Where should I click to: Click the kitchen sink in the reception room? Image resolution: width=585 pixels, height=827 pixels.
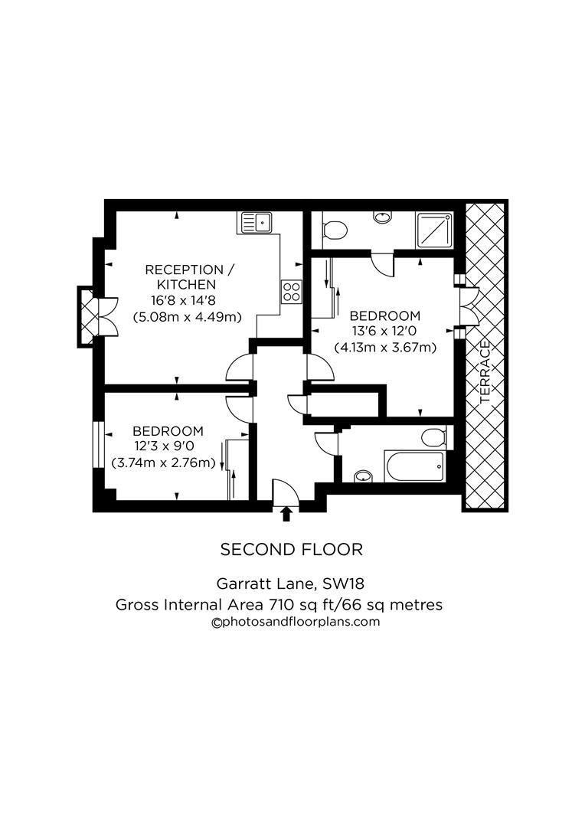[257, 223]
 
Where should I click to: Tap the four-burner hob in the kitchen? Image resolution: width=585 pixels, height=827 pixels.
[292, 291]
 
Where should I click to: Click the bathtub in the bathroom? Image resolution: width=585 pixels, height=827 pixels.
[414, 466]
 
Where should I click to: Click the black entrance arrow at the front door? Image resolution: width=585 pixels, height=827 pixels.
[287, 513]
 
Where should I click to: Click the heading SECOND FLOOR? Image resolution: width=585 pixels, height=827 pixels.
[291, 549]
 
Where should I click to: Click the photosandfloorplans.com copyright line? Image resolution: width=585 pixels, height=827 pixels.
[296, 622]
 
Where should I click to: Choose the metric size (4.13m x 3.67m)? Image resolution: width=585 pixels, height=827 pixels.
[384, 347]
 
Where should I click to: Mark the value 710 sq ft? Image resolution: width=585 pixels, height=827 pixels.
[299, 604]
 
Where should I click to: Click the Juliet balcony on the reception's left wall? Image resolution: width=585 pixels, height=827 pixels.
[88, 315]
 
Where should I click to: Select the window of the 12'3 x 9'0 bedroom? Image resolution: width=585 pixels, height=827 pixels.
[97, 444]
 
